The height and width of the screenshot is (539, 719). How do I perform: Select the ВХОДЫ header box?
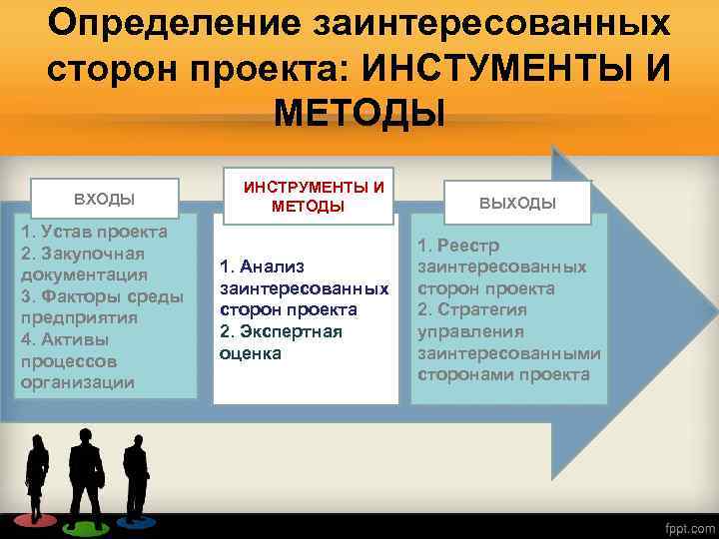point(105,198)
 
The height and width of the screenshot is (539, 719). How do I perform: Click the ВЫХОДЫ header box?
point(517,203)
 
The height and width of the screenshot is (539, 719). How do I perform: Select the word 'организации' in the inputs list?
point(77,381)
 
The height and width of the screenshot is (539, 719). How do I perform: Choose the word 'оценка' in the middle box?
point(250,353)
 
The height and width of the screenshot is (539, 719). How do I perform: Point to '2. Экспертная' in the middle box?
point(280,331)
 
